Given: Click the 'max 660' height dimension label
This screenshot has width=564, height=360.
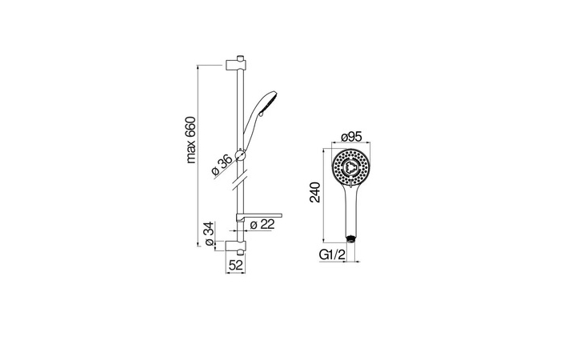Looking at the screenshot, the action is [190, 140].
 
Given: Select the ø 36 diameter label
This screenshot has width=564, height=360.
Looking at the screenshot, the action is [222, 166].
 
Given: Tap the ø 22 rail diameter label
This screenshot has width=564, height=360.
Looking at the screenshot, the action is [262, 225].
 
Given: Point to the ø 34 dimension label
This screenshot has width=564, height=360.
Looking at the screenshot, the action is [210, 234].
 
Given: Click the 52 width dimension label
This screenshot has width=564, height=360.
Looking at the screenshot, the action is [236, 265].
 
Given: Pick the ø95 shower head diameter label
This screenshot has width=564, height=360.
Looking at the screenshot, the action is [351, 137].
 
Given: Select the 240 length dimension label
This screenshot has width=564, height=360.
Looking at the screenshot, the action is [315, 193].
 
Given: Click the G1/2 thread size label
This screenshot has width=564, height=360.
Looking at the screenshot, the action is [332, 254].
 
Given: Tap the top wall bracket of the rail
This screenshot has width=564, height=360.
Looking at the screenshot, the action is [236, 65].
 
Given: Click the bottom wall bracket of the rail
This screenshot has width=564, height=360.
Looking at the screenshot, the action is [236, 246].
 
